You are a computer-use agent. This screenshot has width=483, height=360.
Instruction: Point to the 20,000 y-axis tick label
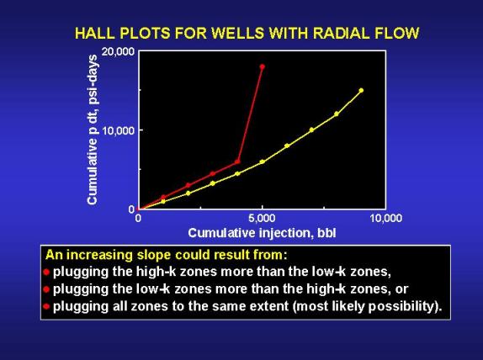pyautogui.click(x=119, y=51)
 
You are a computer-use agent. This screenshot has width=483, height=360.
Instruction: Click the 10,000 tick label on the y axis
pyautogui.click(x=119, y=130)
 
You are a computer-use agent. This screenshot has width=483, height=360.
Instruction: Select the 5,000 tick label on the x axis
pyautogui.click(x=263, y=219)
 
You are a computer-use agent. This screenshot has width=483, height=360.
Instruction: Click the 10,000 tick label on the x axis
pyautogui.click(x=385, y=219)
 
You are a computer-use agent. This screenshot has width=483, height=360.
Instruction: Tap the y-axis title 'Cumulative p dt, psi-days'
pyautogui.click(x=93, y=130)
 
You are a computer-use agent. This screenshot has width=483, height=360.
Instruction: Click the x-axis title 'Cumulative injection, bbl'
pyautogui.click(x=262, y=233)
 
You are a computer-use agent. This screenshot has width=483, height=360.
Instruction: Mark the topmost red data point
pyautogui.click(x=263, y=66)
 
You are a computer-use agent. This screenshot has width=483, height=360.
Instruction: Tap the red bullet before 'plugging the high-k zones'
pyautogui.click(x=46, y=273)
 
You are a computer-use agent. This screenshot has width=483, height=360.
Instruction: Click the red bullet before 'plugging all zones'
pyautogui.click(x=46, y=306)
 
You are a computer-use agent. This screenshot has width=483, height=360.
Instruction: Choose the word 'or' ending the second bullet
pyautogui.click(x=402, y=289)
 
